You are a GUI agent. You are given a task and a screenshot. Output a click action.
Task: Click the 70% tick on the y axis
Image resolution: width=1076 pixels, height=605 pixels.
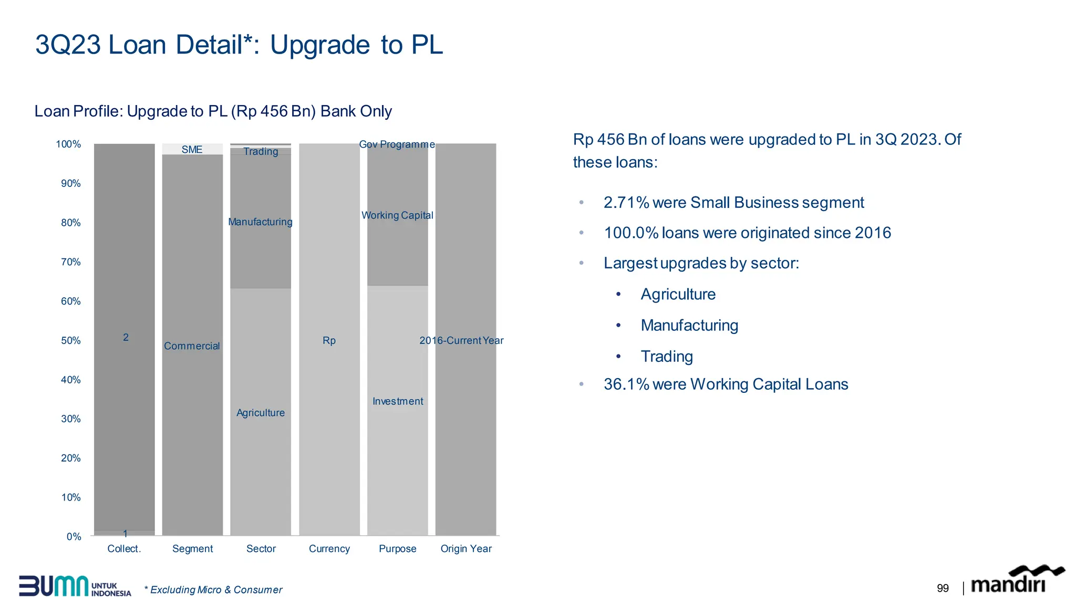click(x=71, y=262)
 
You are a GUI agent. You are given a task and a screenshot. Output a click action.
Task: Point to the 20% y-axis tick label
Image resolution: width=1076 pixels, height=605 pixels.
click(x=71, y=458)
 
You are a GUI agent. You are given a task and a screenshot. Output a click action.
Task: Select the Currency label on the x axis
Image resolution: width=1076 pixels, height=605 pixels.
click(x=329, y=549)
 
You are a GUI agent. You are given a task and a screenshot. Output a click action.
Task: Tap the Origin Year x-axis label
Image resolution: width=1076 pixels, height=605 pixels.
click(x=466, y=549)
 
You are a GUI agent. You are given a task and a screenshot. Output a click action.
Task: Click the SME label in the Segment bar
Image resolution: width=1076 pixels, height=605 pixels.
click(x=192, y=150)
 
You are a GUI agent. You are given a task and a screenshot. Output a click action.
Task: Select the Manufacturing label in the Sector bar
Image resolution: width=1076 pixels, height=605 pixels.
click(x=260, y=222)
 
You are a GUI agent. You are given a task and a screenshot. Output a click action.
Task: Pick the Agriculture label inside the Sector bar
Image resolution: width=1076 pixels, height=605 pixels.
click(x=260, y=413)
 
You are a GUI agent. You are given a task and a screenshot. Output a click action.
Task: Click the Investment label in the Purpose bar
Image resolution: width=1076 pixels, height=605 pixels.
click(x=398, y=401)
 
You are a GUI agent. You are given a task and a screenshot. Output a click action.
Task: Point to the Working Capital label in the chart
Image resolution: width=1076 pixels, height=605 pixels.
click(x=397, y=215)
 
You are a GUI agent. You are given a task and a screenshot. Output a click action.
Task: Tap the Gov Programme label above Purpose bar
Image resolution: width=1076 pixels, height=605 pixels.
click(x=397, y=144)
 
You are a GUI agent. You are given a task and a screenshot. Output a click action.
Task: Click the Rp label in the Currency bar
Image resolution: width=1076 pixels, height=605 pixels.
click(x=329, y=341)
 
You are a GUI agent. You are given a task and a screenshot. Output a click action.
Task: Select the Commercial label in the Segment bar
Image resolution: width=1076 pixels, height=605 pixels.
click(x=192, y=346)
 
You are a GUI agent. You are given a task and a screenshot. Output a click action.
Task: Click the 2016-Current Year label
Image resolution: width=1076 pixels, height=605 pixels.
click(x=461, y=341)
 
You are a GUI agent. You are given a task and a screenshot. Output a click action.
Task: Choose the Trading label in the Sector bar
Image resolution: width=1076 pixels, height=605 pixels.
click(x=261, y=152)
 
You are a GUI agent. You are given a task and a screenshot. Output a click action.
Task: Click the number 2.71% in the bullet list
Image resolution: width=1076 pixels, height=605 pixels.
click(x=626, y=203)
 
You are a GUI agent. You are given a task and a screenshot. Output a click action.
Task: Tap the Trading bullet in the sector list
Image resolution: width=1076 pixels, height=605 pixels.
click(x=667, y=357)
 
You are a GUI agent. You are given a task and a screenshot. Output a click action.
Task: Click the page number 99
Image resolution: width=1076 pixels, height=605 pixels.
click(x=943, y=589)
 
